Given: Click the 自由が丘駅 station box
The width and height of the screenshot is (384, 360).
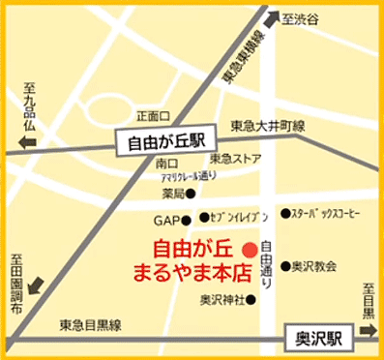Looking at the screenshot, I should tap(167, 140).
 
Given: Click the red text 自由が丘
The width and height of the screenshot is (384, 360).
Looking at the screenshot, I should tap(193, 247).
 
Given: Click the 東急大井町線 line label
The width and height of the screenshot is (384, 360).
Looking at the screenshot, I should tap(268, 127).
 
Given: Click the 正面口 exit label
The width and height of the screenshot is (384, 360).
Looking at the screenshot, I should tap(153, 115).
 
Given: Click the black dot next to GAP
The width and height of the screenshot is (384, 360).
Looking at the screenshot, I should tap(191, 222).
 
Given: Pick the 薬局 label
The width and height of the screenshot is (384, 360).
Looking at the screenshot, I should tap(172, 194).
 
